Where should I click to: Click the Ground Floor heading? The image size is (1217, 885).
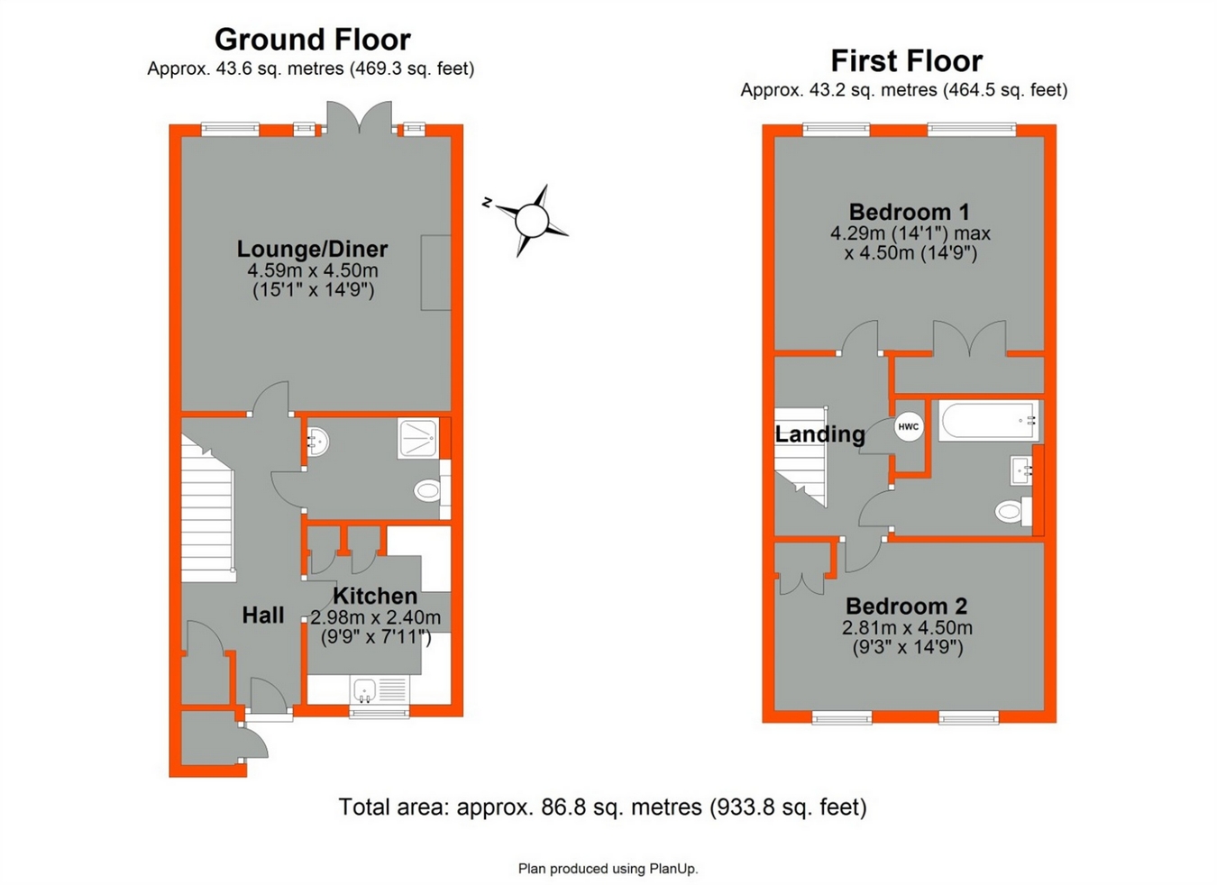[312, 40]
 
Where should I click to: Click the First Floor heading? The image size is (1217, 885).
[906, 61]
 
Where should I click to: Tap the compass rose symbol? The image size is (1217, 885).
[531, 219]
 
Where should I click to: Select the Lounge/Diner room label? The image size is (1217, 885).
[312, 249]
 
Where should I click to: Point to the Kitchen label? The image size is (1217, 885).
[375, 596]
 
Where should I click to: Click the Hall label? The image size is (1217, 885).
[263, 616]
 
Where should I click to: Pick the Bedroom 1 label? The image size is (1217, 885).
[909, 212]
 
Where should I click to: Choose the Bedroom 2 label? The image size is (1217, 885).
[906, 606]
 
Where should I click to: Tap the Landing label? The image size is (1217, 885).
[819, 434]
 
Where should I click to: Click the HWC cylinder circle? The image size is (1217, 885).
[909, 426]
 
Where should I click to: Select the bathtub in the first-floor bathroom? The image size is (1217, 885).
[988, 421]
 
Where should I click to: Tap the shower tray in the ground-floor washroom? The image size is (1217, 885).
[418, 438]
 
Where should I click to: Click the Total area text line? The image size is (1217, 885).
[602, 807]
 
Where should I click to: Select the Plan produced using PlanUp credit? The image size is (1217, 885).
[608, 869]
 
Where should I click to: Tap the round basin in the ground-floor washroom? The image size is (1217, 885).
[316, 442]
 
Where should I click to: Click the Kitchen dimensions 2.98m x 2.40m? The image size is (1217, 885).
[375, 617]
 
